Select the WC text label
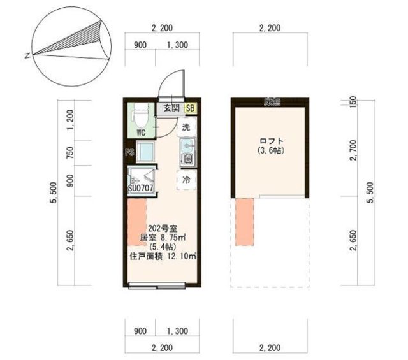click(140, 133)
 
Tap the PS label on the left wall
click(127, 153)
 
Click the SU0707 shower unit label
click(141, 188)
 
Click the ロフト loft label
click(271, 141)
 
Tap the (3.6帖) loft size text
click(271, 151)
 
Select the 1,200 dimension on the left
click(71, 118)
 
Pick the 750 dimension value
click(71, 153)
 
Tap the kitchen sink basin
click(188, 157)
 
